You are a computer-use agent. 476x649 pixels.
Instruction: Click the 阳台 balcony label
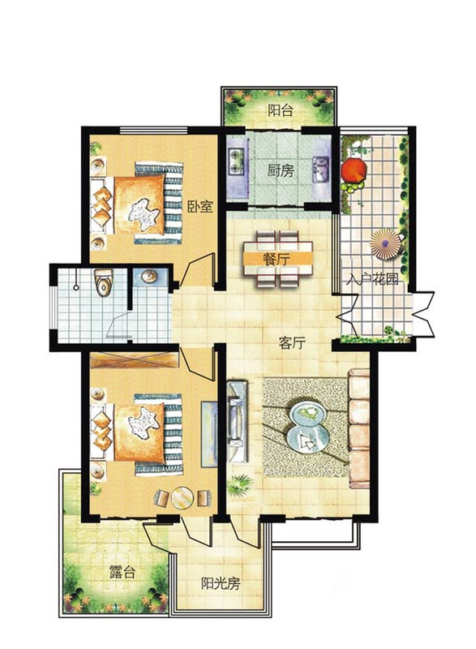pyautogui.click(x=280, y=110)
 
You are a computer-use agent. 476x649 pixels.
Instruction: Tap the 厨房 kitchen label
pyautogui.click(x=280, y=170)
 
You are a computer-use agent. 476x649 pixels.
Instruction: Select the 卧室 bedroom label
pyautogui.click(x=200, y=207)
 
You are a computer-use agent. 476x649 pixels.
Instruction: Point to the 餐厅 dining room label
pyautogui.click(x=277, y=260)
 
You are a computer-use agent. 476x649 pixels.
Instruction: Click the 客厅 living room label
pyautogui.click(x=292, y=342)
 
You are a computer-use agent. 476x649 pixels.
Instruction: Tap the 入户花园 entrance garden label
pyautogui.click(x=371, y=279)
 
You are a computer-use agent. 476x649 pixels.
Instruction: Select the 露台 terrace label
pyautogui.click(x=122, y=573)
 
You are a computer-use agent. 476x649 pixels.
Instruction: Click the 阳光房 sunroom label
pyautogui.click(x=221, y=583)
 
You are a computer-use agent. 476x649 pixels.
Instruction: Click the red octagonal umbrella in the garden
pyautogui.click(x=354, y=170)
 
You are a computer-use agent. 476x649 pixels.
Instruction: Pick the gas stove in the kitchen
pyautogui.click(x=237, y=161)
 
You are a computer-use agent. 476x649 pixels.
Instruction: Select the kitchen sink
pyautogui.click(x=321, y=169)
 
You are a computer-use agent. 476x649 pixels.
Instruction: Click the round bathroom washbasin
pyautogui.click(x=149, y=277)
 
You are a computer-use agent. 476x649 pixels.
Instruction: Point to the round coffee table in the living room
pyautogui.click(x=307, y=428)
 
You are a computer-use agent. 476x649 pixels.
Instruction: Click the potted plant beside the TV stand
pyautogui.click(x=239, y=485)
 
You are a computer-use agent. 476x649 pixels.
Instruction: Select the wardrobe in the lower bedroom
pyautogui.click(x=135, y=360)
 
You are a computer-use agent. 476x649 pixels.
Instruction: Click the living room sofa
pyautogui.click(x=358, y=428)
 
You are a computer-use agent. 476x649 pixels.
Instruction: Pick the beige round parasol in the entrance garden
pyautogui.click(x=385, y=244)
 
